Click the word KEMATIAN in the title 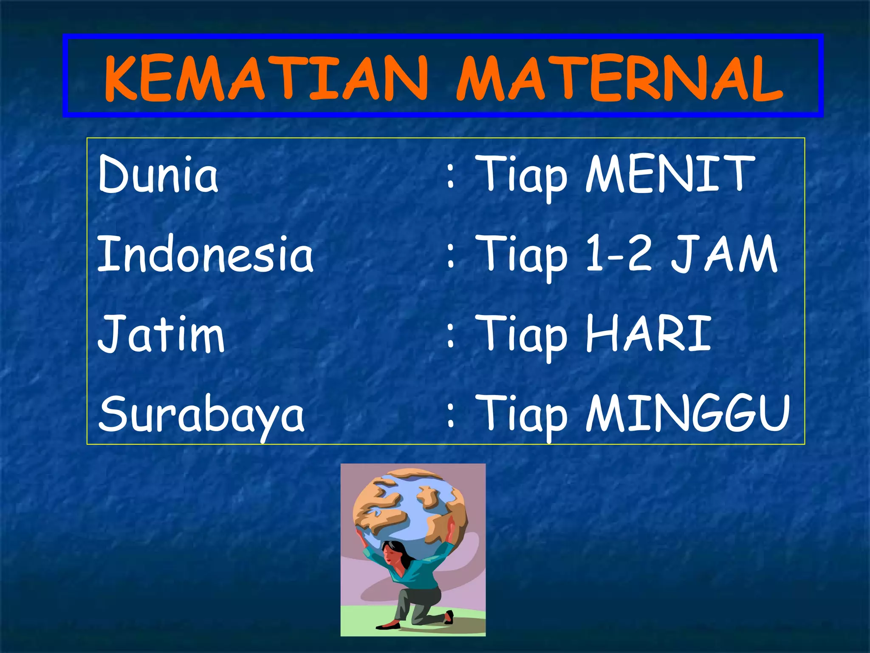(x=266, y=79)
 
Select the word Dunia (x=158, y=174)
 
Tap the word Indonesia (x=206, y=254)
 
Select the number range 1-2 (x=619, y=254)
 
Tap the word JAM (x=725, y=254)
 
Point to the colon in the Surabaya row (x=451, y=415)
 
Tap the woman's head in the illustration (x=393, y=553)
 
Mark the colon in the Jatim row (x=451, y=336)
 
